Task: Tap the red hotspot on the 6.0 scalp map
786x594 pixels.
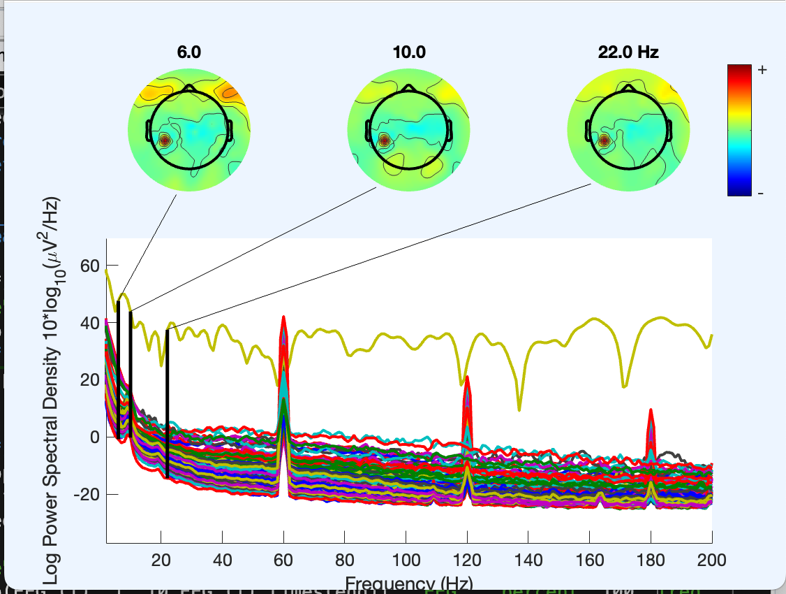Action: point(165,140)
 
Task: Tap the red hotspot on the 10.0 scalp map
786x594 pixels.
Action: point(385,140)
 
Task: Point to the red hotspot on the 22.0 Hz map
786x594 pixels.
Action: point(605,140)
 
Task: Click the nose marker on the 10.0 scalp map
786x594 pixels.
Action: point(408,87)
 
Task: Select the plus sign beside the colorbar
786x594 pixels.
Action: point(762,70)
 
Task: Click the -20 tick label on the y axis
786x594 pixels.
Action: point(86,494)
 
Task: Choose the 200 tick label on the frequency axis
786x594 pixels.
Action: point(711,559)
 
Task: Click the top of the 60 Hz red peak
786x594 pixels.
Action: point(283,317)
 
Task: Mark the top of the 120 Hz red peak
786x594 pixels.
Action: point(467,377)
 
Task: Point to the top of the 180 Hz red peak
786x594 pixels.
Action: point(651,410)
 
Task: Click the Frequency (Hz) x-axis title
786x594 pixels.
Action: point(408,583)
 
